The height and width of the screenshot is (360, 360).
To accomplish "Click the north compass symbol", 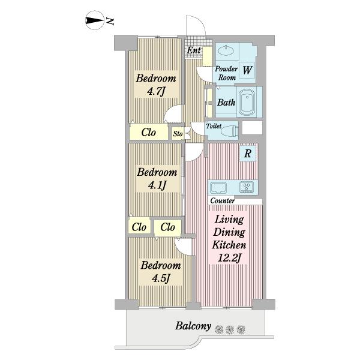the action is coord(94,20).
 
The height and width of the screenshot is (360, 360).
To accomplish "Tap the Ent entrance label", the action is coord(194,50).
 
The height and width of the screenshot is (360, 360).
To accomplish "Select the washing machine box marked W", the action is coord(247,70).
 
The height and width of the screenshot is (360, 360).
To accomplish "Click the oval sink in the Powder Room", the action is coord(226,50).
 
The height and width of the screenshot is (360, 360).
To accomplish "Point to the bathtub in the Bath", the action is coord(247,102).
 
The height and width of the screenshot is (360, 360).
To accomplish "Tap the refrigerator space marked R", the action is coord(248,153).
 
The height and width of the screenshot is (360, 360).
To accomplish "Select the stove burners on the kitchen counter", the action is coord(247,187).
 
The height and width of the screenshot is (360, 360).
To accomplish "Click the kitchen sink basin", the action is coord(218,188).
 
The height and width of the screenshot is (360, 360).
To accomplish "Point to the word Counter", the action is coord(222,200).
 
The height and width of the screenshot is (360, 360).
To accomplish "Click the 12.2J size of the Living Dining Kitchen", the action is coord(229,258).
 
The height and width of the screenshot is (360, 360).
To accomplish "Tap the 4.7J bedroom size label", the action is coord(156,92).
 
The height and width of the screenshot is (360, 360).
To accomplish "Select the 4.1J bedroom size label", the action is coord(157,185).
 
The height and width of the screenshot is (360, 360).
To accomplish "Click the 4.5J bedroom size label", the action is coord(161,278).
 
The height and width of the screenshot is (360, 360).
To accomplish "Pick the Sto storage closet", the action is coord(178,134).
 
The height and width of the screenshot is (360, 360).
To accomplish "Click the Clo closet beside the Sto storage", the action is coord(149,133).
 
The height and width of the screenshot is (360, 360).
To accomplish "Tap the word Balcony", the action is coord(193,326).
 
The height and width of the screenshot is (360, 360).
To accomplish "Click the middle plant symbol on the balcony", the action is coord(230,329).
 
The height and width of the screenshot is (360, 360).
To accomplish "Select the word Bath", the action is coord(226,102).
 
